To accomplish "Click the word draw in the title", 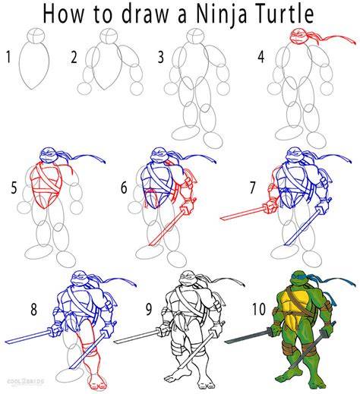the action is point(144,14).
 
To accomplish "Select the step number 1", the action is point(8,57).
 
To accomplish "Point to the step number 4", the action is point(261,57).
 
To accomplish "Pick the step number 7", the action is point(252,188).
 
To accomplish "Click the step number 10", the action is point(259,309).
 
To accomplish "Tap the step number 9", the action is point(149,309).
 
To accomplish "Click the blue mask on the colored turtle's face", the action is point(300,277).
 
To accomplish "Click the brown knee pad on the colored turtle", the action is point(291,351).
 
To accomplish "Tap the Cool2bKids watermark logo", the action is point(25,382).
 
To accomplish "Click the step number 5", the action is point(14,188).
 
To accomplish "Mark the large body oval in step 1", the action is point(33,65).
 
